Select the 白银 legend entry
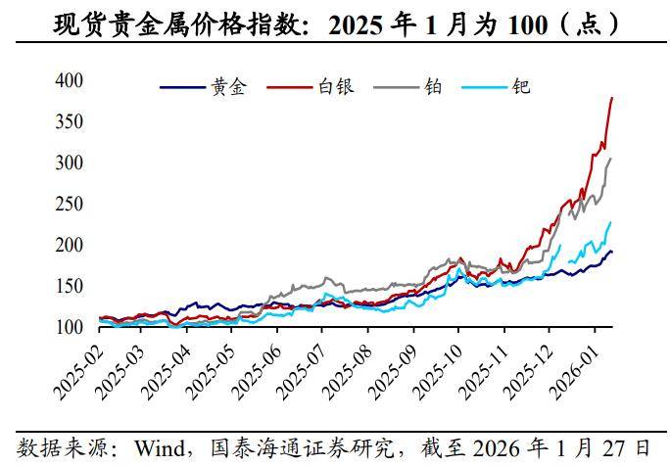335,87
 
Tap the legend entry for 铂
433,87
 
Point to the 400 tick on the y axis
69,79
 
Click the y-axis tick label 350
69,121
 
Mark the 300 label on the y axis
69,163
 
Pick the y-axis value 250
69,204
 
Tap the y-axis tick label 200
69,245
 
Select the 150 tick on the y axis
69,286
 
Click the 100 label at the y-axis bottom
69,327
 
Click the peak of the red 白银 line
612,97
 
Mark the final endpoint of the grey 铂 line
611,159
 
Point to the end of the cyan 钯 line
611,222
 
